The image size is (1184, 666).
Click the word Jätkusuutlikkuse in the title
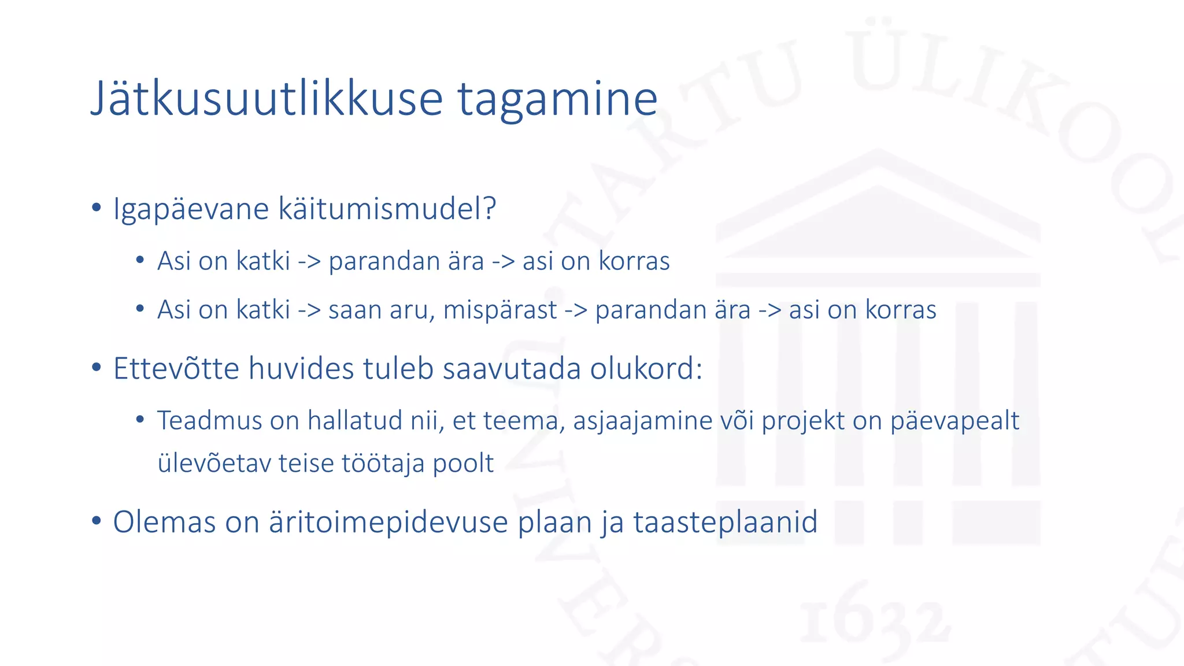click(267, 99)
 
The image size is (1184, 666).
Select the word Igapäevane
click(191, 209)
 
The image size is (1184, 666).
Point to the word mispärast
click(500, 310)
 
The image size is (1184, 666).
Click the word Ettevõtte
click(176, 368)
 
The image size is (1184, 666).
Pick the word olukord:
click(646, 368)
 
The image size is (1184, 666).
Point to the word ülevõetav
click(213, 463)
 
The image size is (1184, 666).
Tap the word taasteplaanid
click(725, 522)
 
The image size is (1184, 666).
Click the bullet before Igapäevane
click(97, 208)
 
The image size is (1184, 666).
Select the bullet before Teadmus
click(140, 419)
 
